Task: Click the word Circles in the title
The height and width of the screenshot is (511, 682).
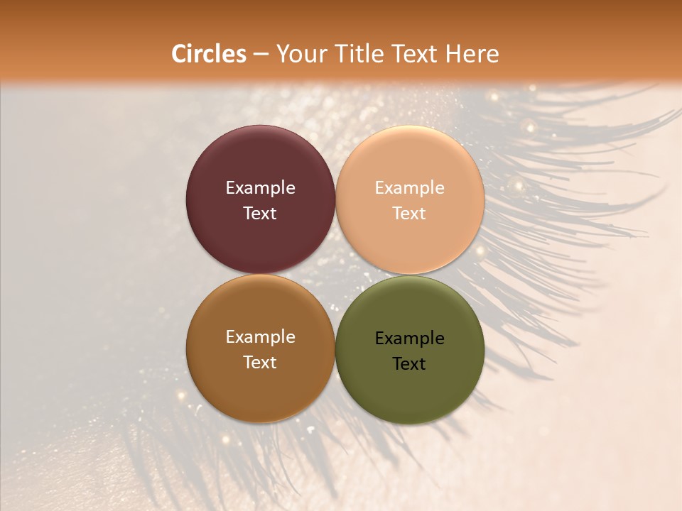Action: click(x=208, y=54)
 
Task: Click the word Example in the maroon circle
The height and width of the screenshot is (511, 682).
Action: click(x=260, y=188)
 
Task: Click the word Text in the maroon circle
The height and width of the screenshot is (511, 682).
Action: click(x=260, y=214)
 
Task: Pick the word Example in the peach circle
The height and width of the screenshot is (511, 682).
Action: click(x=410, y=188)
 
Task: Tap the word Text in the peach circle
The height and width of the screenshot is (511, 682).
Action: click(x=410, y=214)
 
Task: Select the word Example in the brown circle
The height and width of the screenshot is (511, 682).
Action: click(x=260, y=337)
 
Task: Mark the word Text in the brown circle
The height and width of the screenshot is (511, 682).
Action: click(x=260, y=363)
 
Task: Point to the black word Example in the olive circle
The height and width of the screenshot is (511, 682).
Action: click(x=410, y=339)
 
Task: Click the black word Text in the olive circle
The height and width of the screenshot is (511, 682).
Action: click(x=410, y=364)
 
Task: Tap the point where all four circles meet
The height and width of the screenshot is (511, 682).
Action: click(x=335, y=274)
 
